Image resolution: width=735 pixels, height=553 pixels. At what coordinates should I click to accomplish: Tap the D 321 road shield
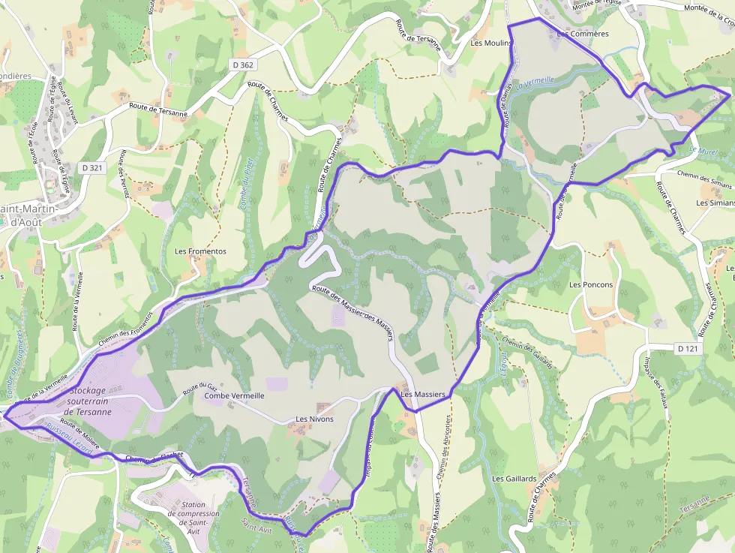[91, 168]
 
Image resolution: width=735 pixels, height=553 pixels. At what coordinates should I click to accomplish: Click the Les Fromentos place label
[200, 251]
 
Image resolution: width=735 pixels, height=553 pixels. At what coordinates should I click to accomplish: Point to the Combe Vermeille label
[234, 395]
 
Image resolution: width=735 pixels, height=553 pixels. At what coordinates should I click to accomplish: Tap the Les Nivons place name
[314, 419]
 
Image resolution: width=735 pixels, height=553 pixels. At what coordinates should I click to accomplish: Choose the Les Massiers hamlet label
[423, 394]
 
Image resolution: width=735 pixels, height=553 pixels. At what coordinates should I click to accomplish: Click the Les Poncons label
[591, 284]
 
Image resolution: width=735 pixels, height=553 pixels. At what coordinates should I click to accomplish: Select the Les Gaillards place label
[514, 478]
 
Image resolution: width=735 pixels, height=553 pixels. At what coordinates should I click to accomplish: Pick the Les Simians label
[715, 203]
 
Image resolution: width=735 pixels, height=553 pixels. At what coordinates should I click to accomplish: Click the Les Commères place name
[583, 34]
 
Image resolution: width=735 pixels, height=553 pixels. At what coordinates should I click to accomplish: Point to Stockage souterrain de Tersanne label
[88, 401]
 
